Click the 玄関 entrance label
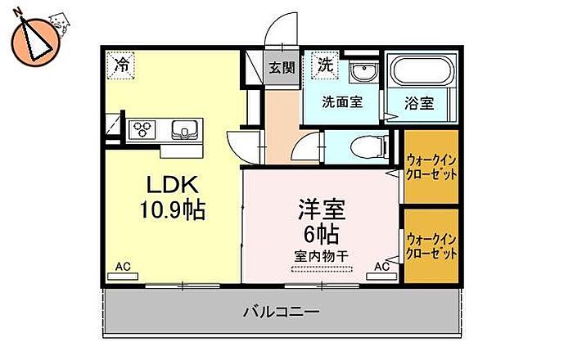[282, 67]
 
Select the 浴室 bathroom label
[421, 103]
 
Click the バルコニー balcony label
[280, 311]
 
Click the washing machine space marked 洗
[325, 64]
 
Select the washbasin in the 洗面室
[360, 74]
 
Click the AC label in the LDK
[122, 267]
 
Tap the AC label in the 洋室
[381, 267]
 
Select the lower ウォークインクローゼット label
[431, 246]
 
